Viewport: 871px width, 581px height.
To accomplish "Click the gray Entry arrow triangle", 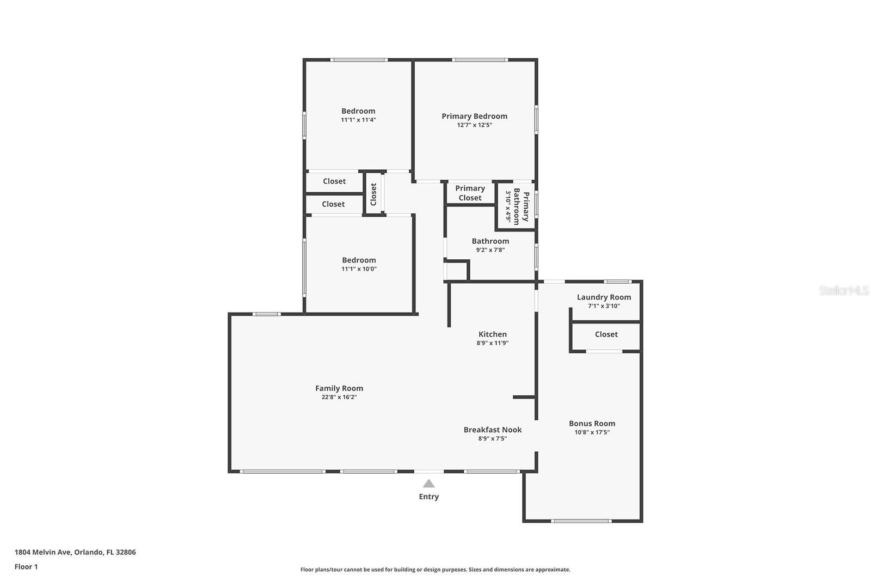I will point(429,484).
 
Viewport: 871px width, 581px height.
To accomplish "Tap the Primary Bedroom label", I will point(474,116).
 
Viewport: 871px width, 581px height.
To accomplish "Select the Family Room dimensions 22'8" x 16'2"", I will point(339,397).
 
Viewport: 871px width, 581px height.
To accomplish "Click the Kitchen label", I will point(493,334).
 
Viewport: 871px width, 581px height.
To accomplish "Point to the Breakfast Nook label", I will point(493,430).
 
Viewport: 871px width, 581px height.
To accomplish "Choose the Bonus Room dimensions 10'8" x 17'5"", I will point(592,432).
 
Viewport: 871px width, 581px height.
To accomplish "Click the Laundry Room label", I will point(604,297).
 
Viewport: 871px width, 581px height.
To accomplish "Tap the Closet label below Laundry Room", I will point(606,334).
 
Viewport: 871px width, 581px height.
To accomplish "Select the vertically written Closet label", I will point(373,194).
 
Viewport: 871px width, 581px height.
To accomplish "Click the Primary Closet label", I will point(470,193).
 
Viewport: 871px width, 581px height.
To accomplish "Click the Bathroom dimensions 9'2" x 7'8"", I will point(490,250).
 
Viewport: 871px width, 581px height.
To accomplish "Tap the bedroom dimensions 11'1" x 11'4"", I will point(358,120).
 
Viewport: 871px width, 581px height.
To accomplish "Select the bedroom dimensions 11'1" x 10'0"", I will point(359,269).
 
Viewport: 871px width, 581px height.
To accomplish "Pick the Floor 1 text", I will point(26,567).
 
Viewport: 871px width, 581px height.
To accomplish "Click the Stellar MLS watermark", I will point(843,291).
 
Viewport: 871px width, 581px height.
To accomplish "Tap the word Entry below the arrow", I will point(429,497).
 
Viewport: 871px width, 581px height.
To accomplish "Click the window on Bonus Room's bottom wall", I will point(581,521).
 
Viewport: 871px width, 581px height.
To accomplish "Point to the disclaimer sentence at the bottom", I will point(436,570).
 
